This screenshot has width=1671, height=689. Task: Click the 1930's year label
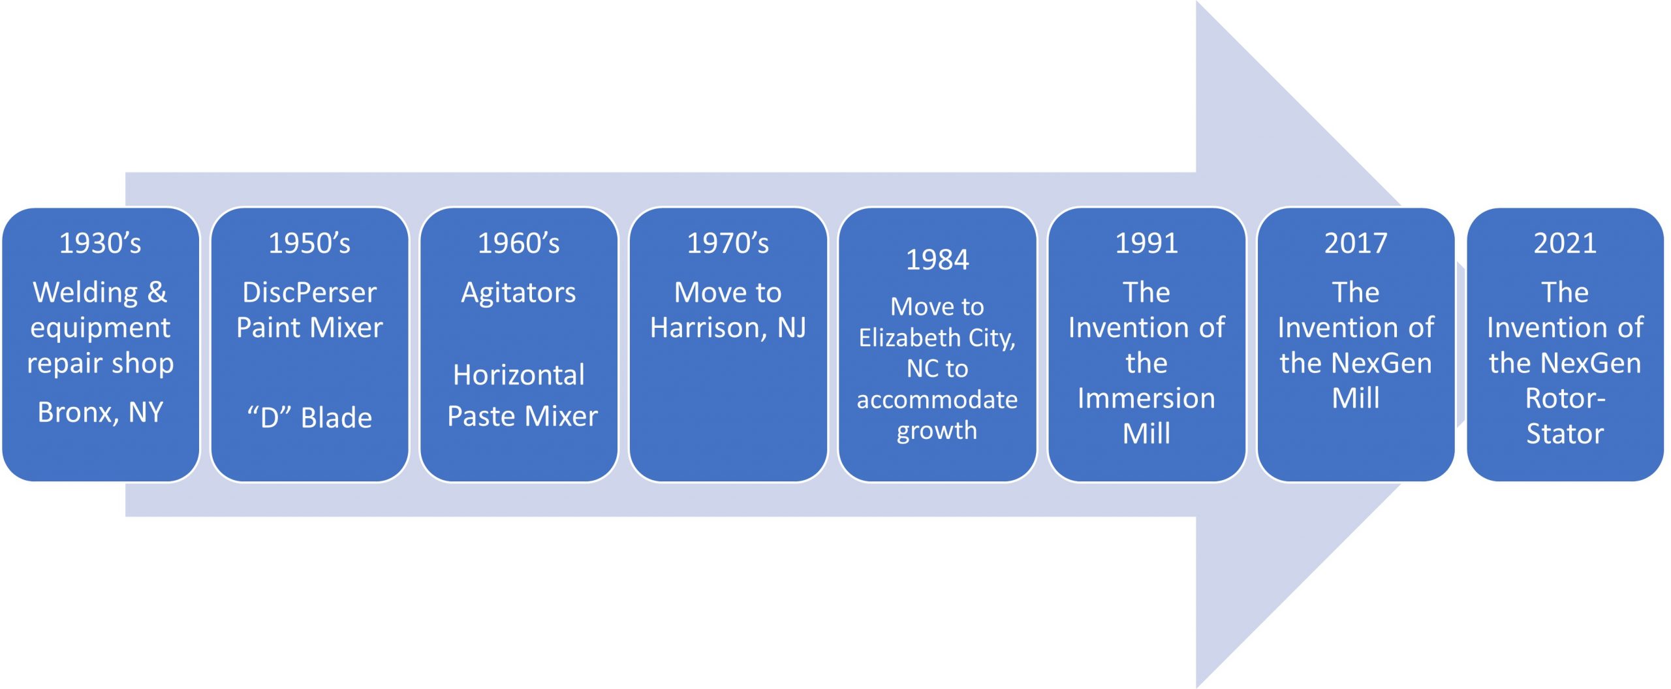(x=100, y=243)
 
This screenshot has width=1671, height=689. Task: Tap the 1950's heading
(x=309, y=243)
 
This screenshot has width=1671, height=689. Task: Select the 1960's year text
(x=519, y=243)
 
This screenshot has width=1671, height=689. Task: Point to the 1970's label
(x=728, y=243)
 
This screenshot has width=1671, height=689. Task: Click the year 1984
(x=937, y=260)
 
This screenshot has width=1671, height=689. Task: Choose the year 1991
(x=1146, y=243)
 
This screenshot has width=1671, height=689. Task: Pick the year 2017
(x=1356, y=243)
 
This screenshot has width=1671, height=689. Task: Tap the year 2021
(x=1565, y=243)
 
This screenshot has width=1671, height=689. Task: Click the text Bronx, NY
(x=100, y=413)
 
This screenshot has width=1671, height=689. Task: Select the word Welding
(x=86, y=293)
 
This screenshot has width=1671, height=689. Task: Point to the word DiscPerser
(x=309, y=293)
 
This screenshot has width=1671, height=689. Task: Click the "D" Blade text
(x=309, y=417)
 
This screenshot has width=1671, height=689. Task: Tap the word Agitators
(x=519, y=293)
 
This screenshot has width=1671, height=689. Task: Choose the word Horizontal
(x=519, y=375)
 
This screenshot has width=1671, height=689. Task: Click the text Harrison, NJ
(x=728, y=328)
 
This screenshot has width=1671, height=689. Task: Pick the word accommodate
(x=937, y=400)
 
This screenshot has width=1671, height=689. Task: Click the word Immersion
(x=1146, y=398)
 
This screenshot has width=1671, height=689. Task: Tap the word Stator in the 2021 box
(x=1565, y=434)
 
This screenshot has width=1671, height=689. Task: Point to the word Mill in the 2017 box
(x=1356, y=398)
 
